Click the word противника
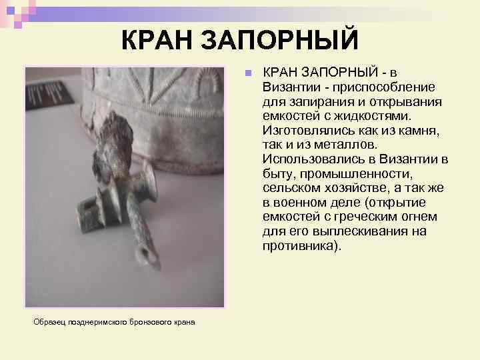(x=299, y=246)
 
